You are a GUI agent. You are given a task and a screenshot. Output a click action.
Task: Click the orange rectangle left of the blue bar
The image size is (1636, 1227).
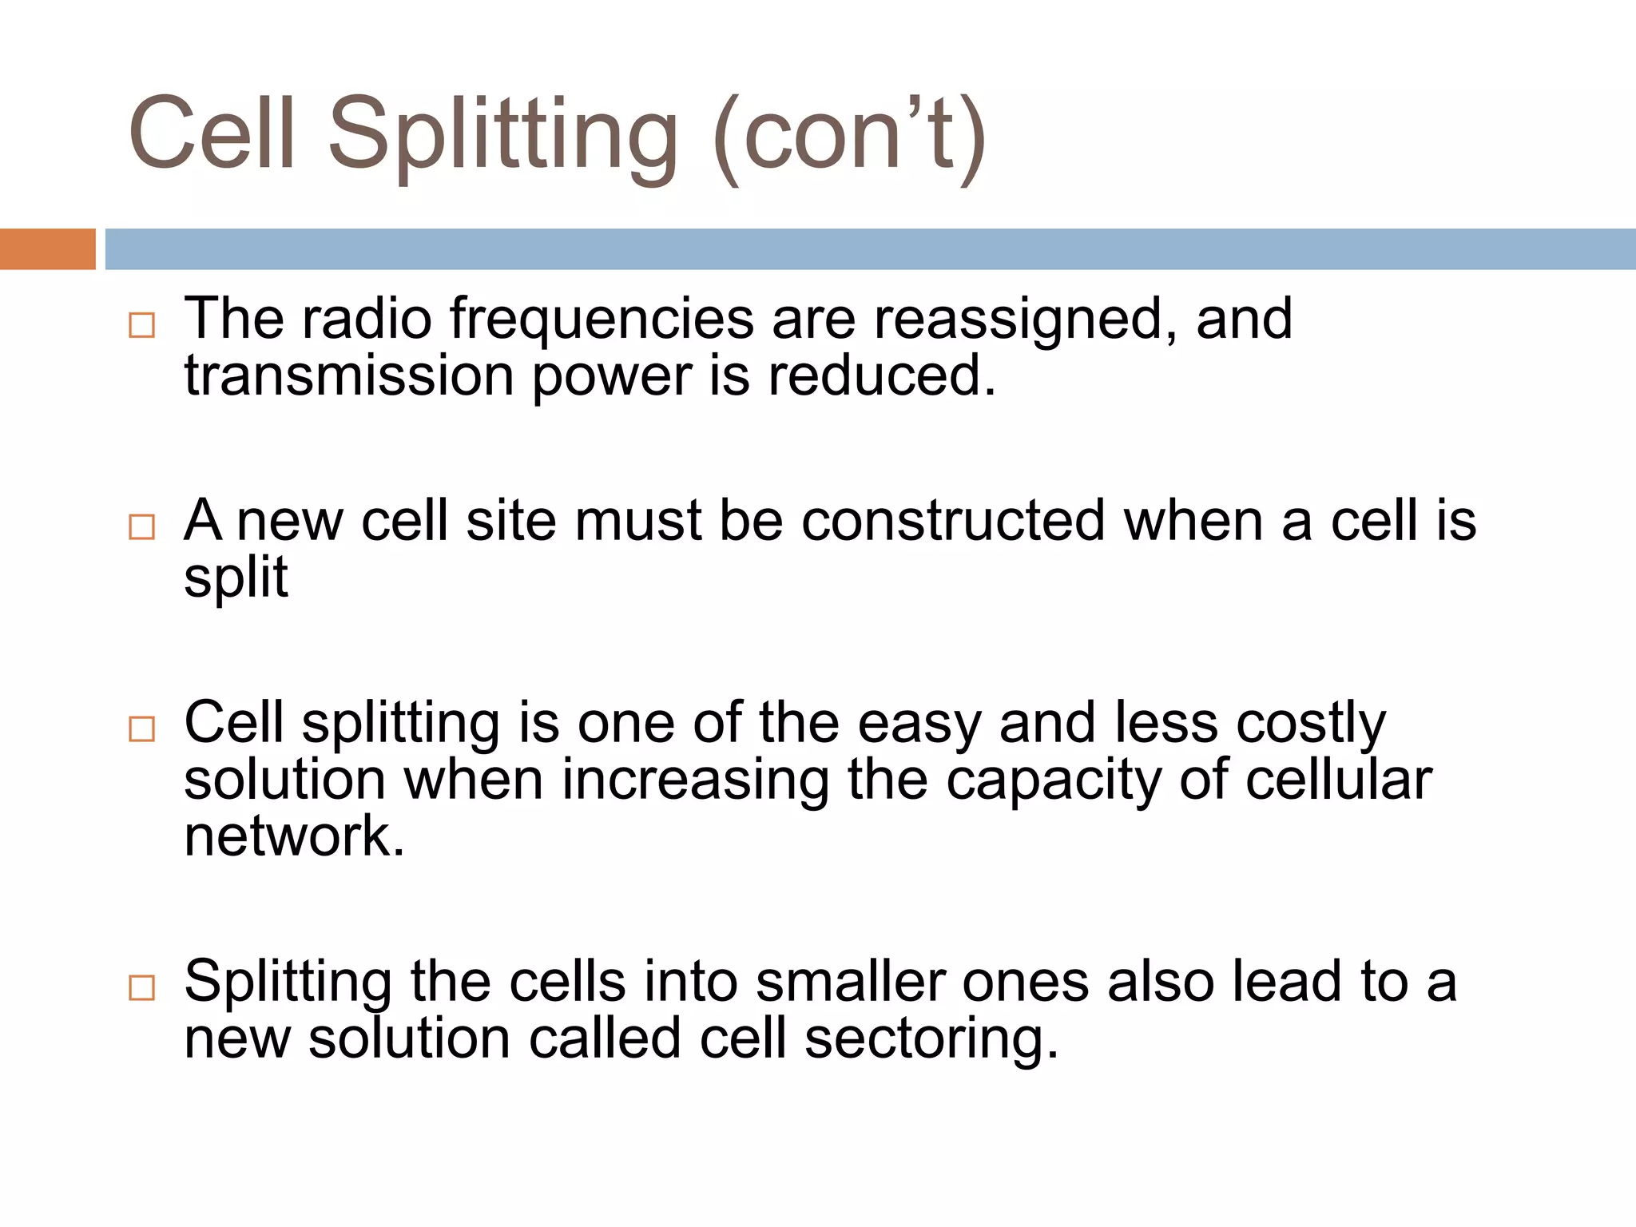point(47,248)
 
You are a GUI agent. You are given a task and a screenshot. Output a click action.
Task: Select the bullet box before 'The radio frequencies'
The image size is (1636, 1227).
point(141,325)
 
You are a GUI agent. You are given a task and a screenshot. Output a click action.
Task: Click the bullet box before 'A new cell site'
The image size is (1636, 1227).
point(141,527)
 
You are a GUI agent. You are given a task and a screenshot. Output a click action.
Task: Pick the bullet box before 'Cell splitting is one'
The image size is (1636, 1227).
point(141,729)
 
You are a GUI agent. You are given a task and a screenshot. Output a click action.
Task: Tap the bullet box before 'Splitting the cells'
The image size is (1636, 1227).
point(141,988)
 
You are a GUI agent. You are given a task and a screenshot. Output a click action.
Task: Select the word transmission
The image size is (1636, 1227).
point(349,376)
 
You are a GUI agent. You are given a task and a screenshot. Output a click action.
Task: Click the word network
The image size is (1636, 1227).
point(294,837)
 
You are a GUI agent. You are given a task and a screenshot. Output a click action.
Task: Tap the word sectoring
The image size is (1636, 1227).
point(931,1039)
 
